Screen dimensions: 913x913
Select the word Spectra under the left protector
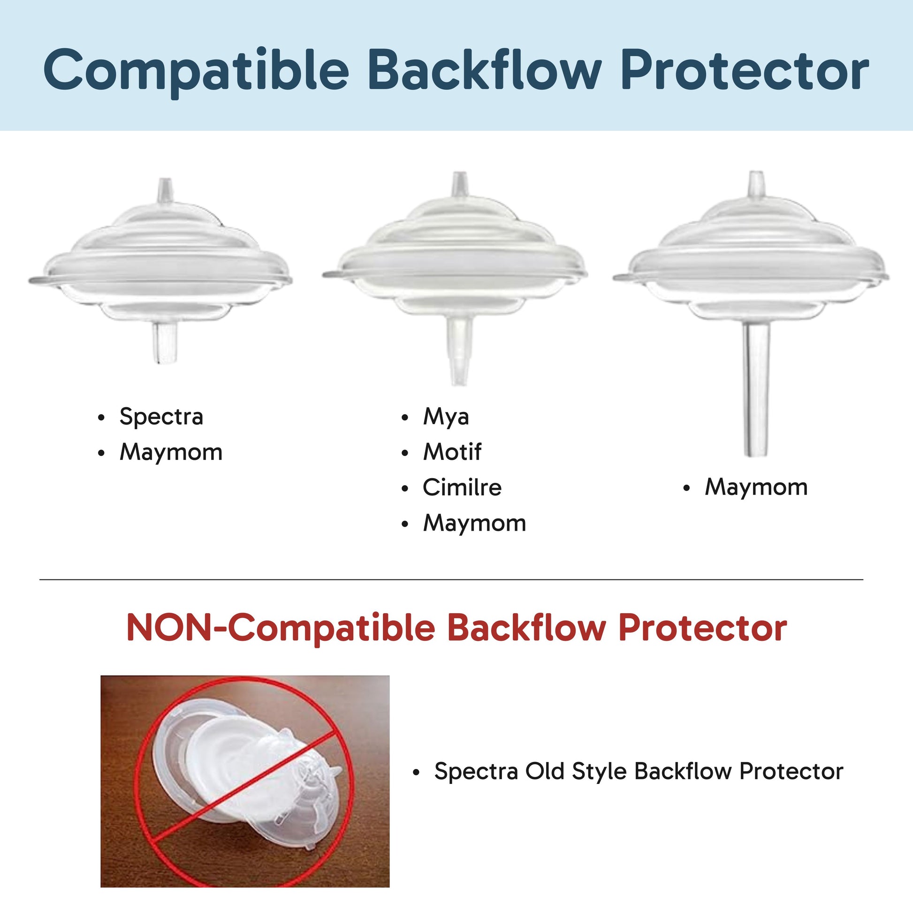pos(161,417)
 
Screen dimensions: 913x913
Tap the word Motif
pos(452,452)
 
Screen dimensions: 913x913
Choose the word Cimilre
pos(462,487)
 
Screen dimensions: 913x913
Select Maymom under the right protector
pos(756,487)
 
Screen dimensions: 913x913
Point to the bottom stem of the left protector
pos(165,343)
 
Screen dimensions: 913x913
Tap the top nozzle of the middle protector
pos(458,184)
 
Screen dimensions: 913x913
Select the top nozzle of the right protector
pos(756,184)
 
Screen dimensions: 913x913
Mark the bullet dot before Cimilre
pos(404,488)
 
